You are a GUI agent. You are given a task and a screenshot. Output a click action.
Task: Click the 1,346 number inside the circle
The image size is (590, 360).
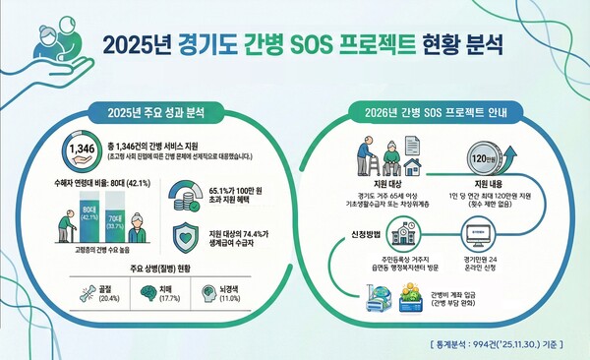(x=83, y=151)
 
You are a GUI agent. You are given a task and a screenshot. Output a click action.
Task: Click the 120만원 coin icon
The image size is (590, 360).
(x=478, y=158)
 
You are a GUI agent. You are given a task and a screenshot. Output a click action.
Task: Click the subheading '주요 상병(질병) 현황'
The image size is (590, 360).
(x=155, y=269)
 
